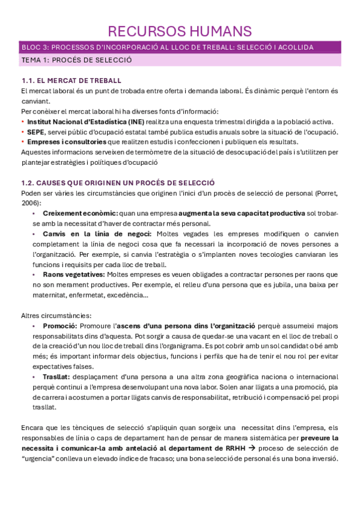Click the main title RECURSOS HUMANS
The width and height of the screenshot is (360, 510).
pyautogui.click(x=180, y=31)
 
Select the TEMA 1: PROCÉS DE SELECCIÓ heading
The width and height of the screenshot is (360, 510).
pyautogui.click(x=76, y=61)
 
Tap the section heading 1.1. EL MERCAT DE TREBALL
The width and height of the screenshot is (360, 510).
pyautogui.click(x=71, y=81)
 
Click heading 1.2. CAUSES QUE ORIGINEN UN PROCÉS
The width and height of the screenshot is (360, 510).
pyautogui.click(x=118, y=182)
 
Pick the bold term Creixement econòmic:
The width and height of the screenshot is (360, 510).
pyautogui.click(x=80, y=213)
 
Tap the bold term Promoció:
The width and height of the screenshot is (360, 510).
pyautogui.click(x=60, y=325)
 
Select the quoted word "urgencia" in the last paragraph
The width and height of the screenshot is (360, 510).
pyautogui.click(x=40, y=458)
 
